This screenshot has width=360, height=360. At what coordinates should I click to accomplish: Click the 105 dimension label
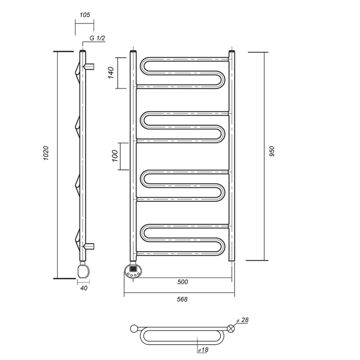pos(85,15)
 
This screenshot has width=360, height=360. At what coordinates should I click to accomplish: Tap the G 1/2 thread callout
pos(97,38)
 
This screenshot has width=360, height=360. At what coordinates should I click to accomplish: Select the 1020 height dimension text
pos(46,153)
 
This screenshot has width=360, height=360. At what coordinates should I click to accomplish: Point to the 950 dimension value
pos(272,151)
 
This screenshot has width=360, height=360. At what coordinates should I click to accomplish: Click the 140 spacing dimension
pos(111,73)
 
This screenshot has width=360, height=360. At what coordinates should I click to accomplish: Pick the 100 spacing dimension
pos(115,156)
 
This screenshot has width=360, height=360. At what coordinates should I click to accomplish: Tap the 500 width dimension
pos(183,282)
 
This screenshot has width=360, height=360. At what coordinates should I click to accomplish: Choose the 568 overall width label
pos(182,300)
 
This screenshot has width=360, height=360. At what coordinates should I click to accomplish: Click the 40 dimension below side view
pos(84,288)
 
